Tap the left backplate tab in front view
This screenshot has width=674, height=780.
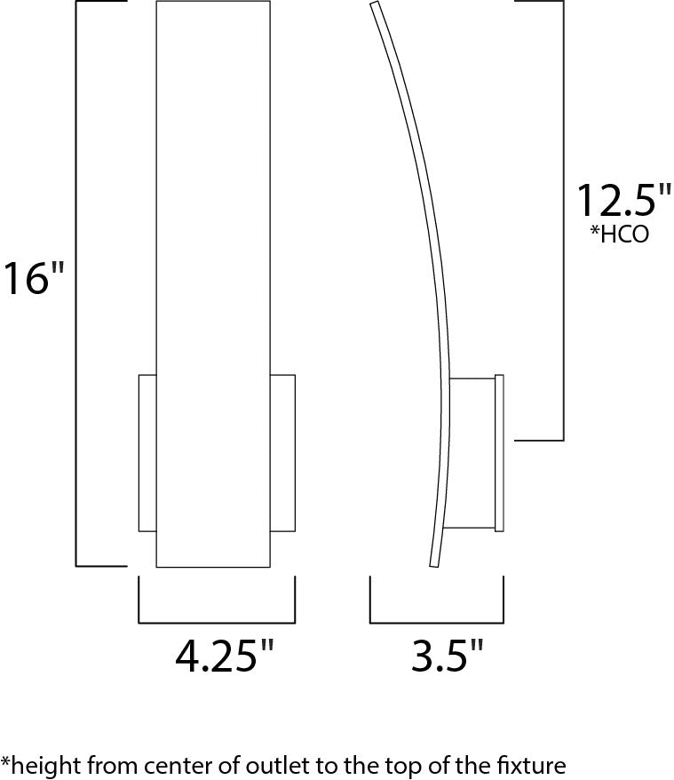click(147, 453)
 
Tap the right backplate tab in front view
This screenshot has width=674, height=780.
click(282, 453)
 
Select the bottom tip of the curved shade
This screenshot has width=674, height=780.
click(434, 562)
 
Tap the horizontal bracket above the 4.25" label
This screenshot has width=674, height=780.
click(217, 622)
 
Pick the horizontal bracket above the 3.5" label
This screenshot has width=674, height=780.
click(436, 622)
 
